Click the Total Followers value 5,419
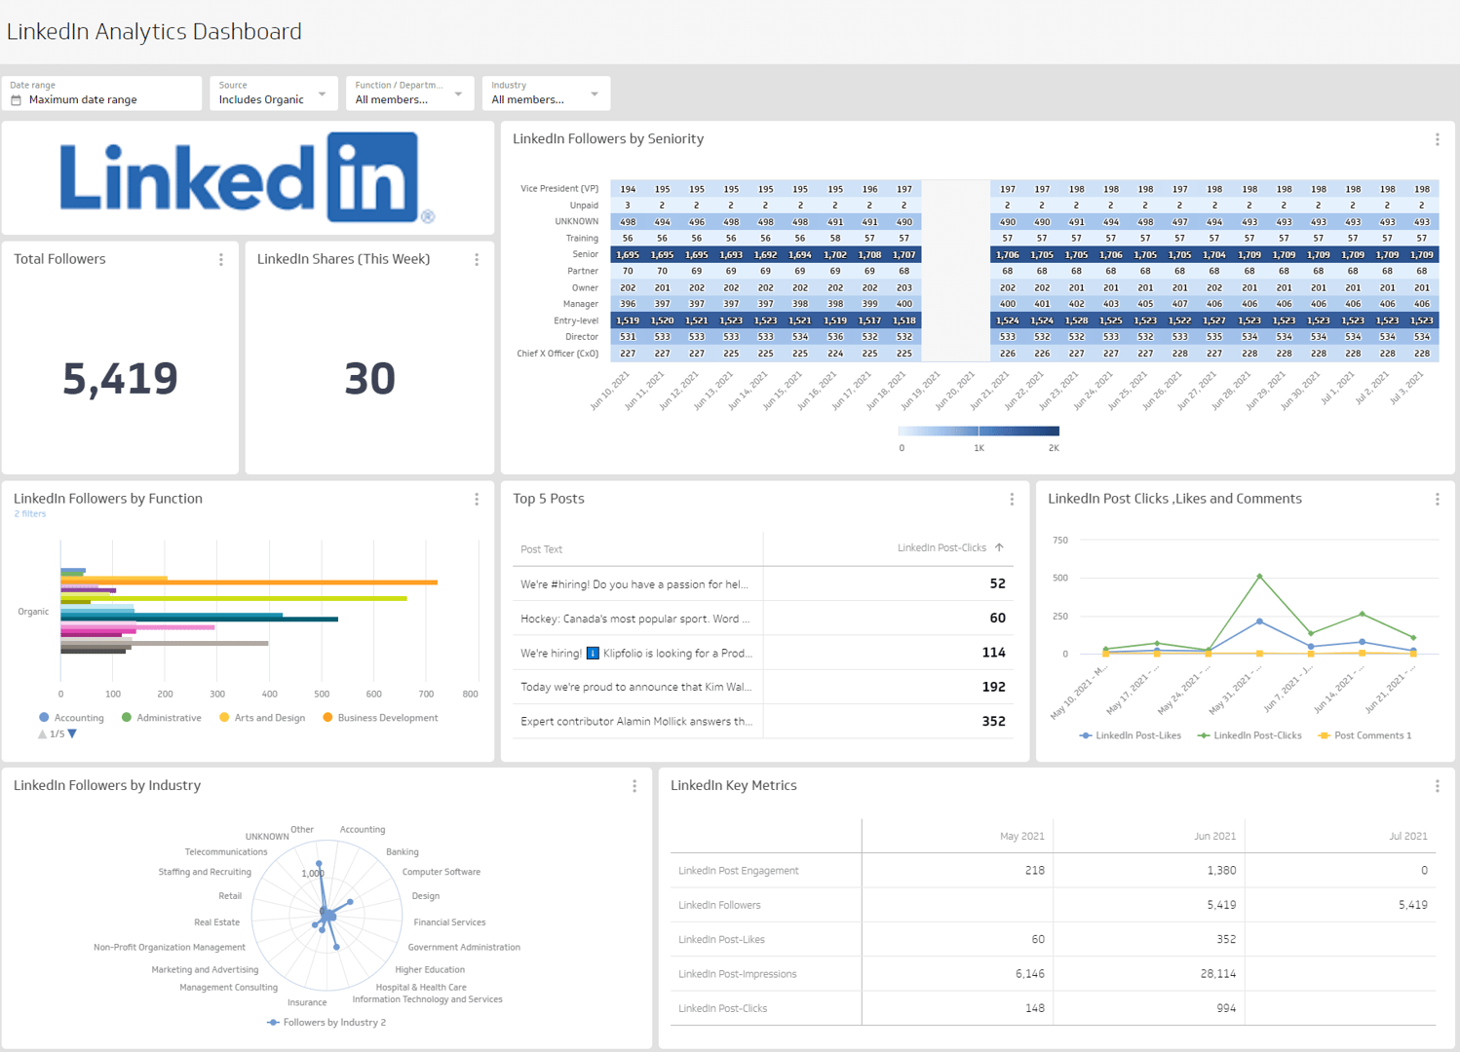[x=120, y=378]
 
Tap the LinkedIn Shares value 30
[x=369, y=378]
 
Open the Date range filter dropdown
[x=101, y=94]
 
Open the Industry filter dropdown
[x=546, y=94]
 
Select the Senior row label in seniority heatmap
[x=585, y=254]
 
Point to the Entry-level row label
[x=576, y=320]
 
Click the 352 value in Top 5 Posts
[x=993, y=721]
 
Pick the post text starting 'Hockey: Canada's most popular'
[x=635, y=619]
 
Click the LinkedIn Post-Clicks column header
[x=941, y=548]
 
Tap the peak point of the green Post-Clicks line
[x=1259, y=577]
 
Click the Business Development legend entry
[x=387, y=718]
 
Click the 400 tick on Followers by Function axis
[x=269, y=695]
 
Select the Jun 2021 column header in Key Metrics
[x=1214, y=836]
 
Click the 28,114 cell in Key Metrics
[x=1218, y=974]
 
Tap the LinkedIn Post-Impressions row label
[x=737, y=974]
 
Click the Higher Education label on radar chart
[x=430, y=970]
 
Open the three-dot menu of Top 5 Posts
[x=1012, y=499]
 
